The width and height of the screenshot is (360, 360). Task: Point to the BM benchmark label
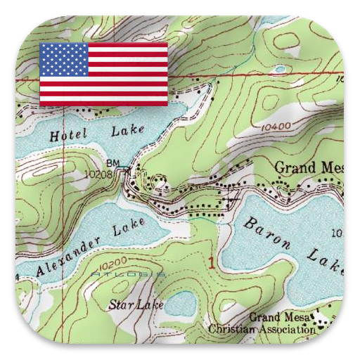(112, 163)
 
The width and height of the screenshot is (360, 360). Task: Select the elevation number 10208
(98, 172)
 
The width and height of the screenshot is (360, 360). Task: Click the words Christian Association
(262, 328)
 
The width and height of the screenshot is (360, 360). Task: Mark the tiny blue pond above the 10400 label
(280, 69)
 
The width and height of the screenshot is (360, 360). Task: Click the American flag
(103, 74)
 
